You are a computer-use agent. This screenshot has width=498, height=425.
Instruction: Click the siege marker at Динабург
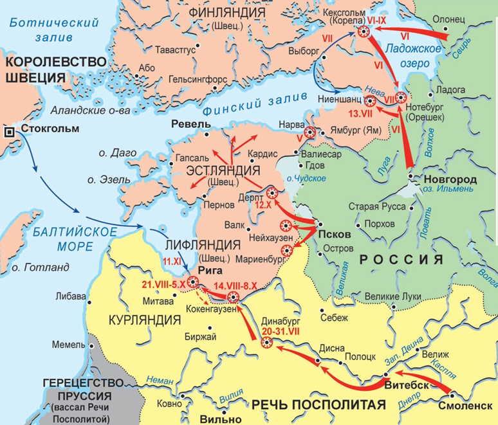pyautogui.click(x=267, y=343)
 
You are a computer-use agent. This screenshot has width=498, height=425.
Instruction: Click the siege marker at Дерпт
pyautogui.click(x=272, y=192)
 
